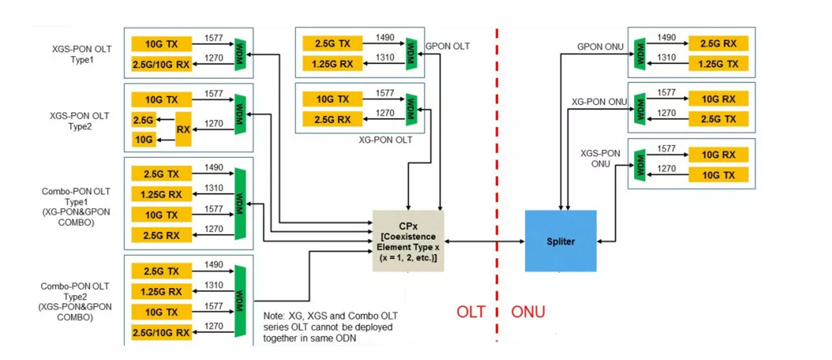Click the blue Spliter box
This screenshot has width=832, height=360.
560,241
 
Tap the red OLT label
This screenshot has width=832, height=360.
470,312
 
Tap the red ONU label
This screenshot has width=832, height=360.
528,312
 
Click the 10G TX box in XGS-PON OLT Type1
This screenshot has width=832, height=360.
161,44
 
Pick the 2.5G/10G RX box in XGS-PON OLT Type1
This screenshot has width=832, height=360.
161,64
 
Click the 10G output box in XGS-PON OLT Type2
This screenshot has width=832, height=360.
143,141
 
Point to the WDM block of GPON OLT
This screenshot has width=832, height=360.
411,53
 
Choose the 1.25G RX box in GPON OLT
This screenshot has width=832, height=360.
332,63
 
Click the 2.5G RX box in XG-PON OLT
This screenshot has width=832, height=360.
332,119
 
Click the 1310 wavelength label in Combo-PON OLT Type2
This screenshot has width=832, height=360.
213,286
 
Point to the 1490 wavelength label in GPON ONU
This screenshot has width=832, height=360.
666,38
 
